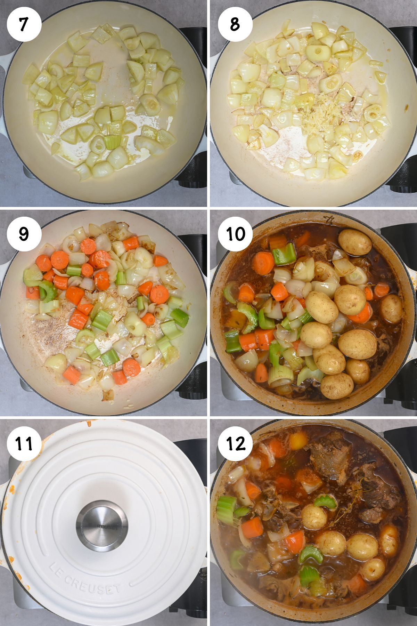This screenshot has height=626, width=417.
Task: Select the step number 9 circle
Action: pyautogui.click(x=24, y=233)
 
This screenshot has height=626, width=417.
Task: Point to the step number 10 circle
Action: pyautogui.click(x=235, y=233)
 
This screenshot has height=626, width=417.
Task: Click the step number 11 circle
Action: pyautogui.click(x=24, y=443)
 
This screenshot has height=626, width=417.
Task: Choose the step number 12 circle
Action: pyautogui.click(x=235, y=443)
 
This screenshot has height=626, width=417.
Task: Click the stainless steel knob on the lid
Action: pyautogui.click(x=102, y=525)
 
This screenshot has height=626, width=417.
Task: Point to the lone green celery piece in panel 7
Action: pyautogui.click(x=112, y=142)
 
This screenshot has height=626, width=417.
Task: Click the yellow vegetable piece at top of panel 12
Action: pyautogui.click(x=298, y=441)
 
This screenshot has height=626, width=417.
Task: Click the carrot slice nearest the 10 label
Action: pyautogui.click(x=263, y=263)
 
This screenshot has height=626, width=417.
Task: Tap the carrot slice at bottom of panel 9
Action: pyautogui.click(x=131, y=368)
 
